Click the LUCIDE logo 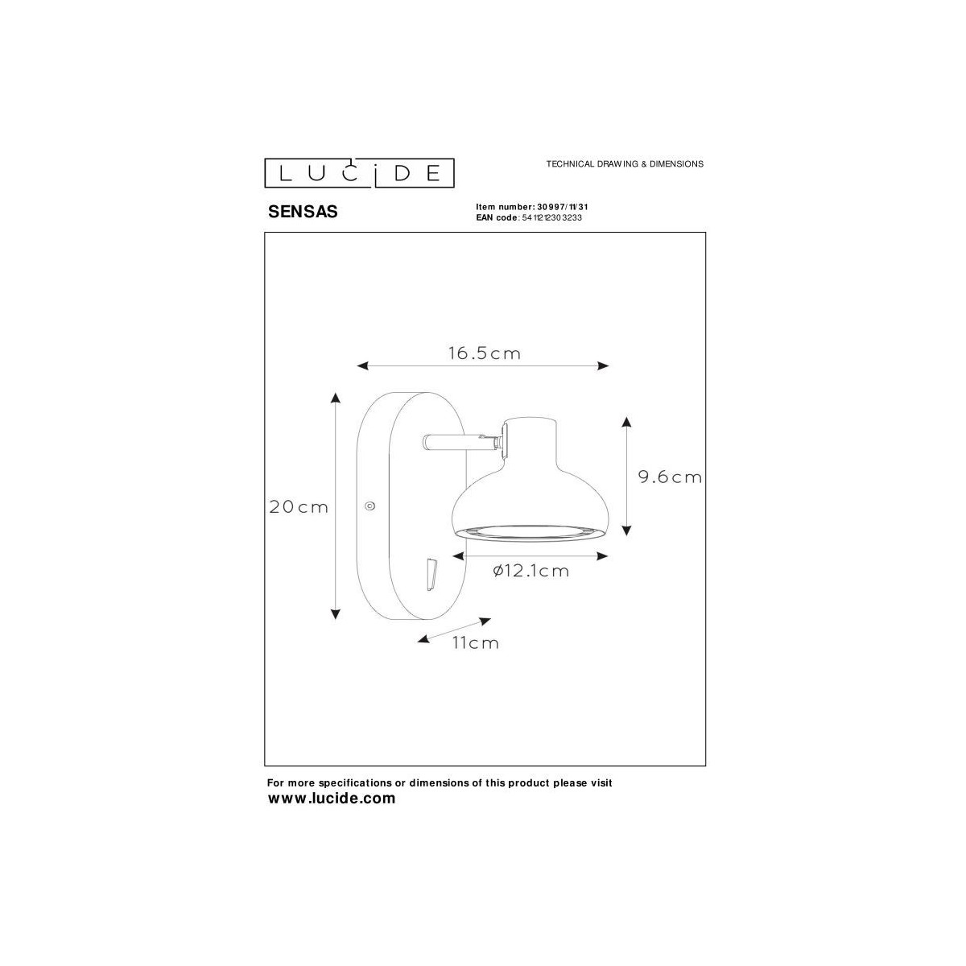tap(360, 172)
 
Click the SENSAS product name tap(302, 213)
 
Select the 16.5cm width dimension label tap(484, 353)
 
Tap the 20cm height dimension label tap(299, 507)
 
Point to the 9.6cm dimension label tap(670, 477)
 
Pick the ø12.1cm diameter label tap(530, 571)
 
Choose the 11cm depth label tap(475, 642)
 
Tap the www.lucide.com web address tap(331, 799)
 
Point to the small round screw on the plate tap(369, 506)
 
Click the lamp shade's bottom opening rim tap(532, 530)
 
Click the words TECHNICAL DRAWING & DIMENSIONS tap(625, 163)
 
